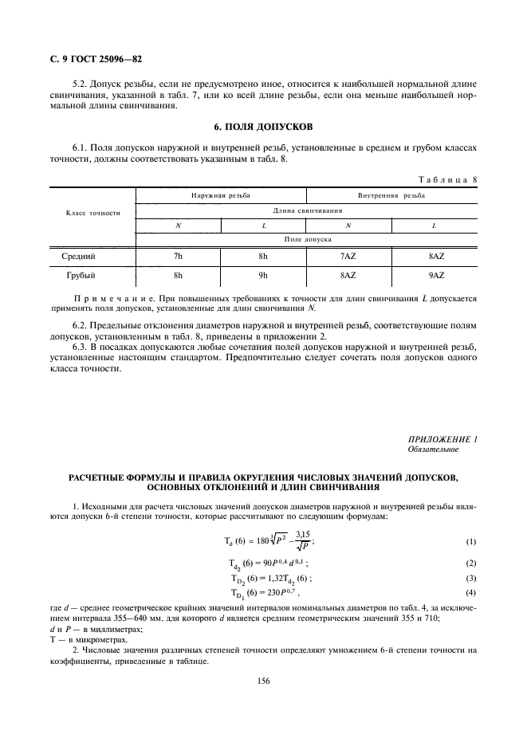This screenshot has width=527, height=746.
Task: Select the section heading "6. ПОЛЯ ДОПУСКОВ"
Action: tap(262, 127)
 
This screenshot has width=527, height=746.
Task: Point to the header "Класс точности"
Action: tap(93, 213)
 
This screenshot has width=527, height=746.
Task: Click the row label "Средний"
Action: tap(79, 257)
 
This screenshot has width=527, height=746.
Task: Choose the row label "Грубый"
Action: tap(78, 276)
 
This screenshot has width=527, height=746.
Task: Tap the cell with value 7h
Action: tap(178, 257)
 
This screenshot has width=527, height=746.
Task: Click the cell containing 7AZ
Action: tap(348, 257)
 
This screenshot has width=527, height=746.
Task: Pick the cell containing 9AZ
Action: tap(435, 276)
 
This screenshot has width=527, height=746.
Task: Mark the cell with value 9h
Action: tap(263, 276)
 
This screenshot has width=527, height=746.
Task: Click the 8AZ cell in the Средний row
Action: tap(435, 257)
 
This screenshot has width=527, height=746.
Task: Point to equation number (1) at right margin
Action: tap(470, 541)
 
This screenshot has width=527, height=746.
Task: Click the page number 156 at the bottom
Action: tap(263, 681)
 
